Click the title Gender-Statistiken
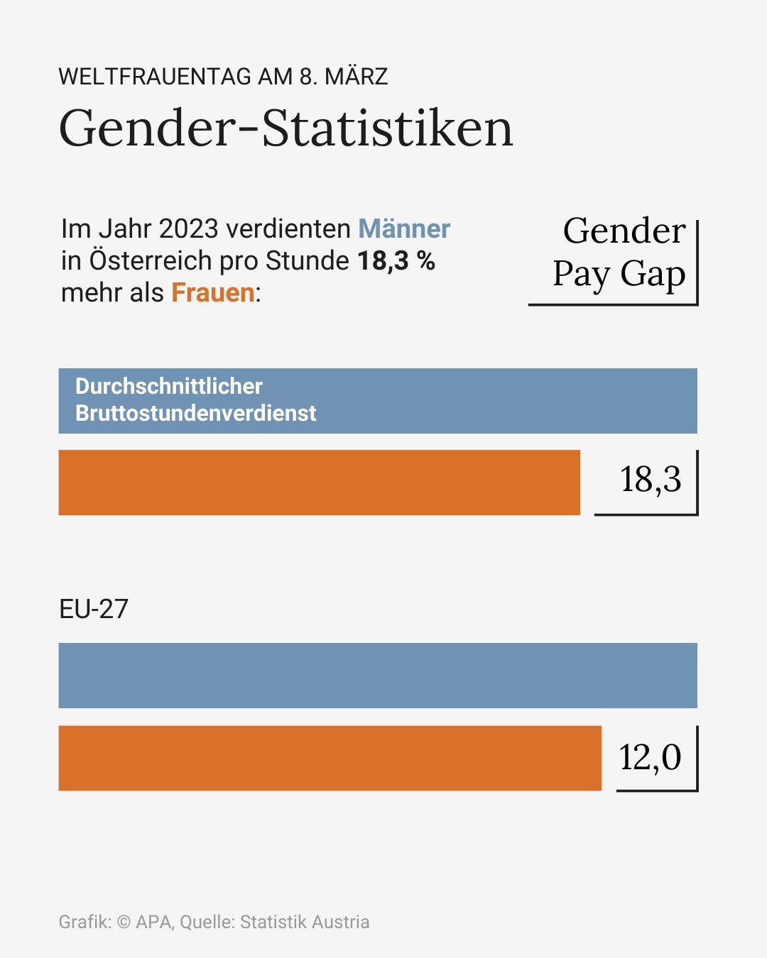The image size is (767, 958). click(285, 128)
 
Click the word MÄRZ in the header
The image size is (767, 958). click(356, 77)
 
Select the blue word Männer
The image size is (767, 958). click(404, 229)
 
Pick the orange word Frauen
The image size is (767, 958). click(213, 293)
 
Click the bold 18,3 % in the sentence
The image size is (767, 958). click(396, 261)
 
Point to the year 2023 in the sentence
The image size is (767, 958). click(188, 229)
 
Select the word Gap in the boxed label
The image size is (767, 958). click(653, 274)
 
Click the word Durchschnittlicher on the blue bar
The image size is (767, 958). click(169, 386)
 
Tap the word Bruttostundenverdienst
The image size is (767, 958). click(196, 413)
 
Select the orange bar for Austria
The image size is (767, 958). click(319, 483)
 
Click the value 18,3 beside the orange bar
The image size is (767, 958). click(650, 480)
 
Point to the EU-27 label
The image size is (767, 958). click(94, 609)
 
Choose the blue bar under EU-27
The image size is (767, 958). click(378, 676)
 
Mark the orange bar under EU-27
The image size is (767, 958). click(330, 758)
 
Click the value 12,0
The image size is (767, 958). click(650, 757)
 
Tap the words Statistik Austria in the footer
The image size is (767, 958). click(305, 922)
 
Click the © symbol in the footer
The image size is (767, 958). click(124, 922)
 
